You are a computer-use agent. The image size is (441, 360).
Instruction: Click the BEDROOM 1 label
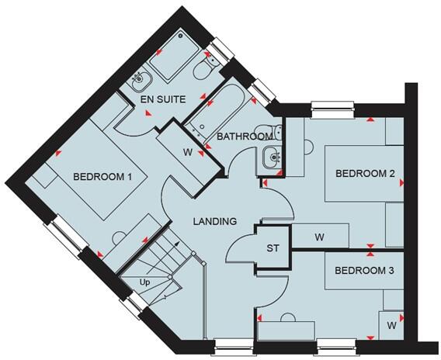point(102,177)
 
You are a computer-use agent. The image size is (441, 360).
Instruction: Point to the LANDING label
point(214,221)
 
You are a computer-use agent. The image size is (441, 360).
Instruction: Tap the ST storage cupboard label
point(273,248)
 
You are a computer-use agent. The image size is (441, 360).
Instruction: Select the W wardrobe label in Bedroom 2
point(319,236)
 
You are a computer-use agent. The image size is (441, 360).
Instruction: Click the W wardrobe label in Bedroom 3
point(391,327)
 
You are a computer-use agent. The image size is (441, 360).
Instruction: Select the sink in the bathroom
point(271,157)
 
